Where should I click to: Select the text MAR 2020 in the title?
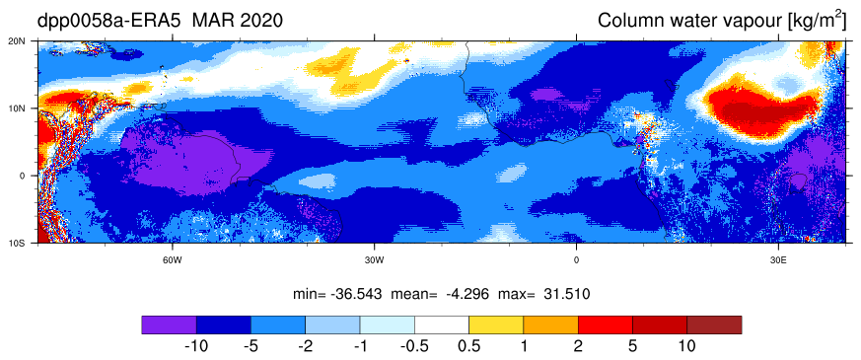[x=238, y=21]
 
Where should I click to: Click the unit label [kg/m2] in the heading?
[x=815, y=21]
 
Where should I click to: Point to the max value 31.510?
[x=568, y=294]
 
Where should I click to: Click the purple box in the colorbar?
[x=169, y=324]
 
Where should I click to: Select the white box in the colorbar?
[x=442, y=324]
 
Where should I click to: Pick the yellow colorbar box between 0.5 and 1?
[x=496, y=324]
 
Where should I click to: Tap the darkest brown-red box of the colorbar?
[x=714, y=324]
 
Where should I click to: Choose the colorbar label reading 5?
[x=633, y=346]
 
